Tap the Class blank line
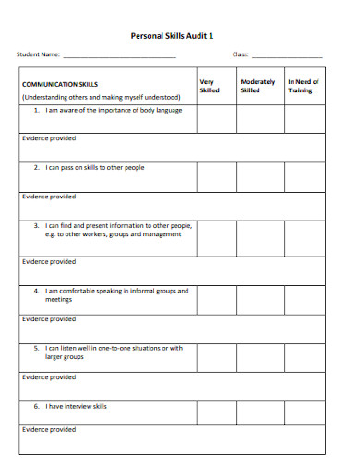(x=287, y=57)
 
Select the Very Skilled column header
(x=210, y=86)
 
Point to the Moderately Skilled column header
(x=258, y=86)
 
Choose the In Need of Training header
(x=303, y=86)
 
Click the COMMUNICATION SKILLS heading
(x=60, y=82)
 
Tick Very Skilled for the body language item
(x=216, y=119)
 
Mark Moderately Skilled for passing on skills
(x=258, y=177)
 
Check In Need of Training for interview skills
(x=303, y=412)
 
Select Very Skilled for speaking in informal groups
(x=216, y=299)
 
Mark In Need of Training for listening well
(x=303, y=356)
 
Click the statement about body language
(x=114, y=110)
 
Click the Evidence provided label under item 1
(x=49, y=138)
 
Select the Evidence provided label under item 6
(x=49, y=430)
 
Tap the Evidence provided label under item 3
(x=49, y=261)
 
